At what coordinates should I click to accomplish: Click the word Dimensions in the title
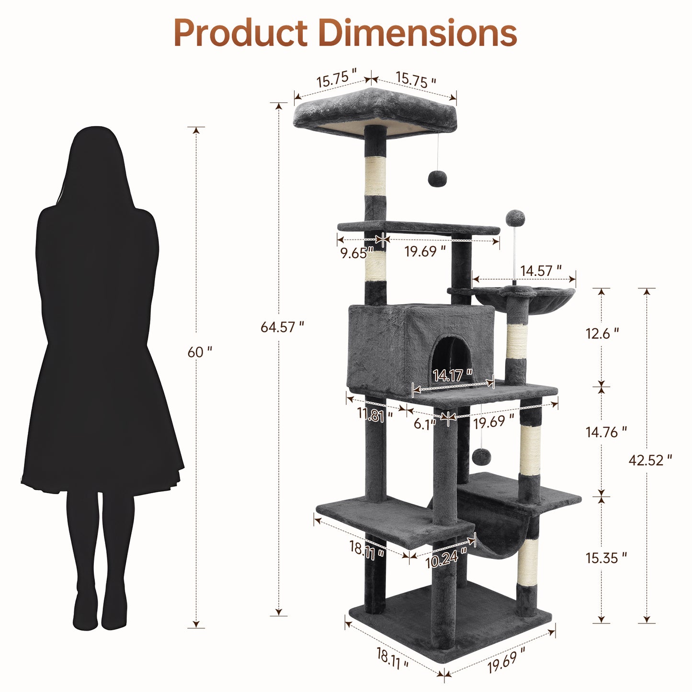click(417, 34)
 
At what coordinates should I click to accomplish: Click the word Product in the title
click(240, 34)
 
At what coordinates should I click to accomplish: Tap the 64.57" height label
click(282, 327)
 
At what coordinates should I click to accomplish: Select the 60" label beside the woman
click(199, 352)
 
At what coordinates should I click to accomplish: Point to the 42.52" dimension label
click(650, 460)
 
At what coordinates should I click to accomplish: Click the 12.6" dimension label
click(602, 333)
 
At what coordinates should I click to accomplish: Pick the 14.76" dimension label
click(606, 432)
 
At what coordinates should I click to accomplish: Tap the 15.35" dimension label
click(606, 558)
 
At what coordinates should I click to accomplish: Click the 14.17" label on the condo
click(453, 375)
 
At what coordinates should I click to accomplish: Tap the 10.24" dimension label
click(446, 558)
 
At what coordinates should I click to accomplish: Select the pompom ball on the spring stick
click(515, 218)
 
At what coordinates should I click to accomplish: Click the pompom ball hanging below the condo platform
click(481, 456)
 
